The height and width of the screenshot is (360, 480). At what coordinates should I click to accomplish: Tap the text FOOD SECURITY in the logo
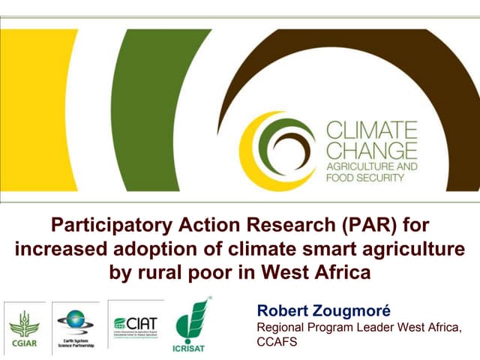pyautogui.click(x=365, y=178)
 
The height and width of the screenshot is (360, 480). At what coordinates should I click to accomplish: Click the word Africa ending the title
pyautogui.click(x=341, y=271)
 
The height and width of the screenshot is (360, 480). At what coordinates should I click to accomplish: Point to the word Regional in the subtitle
pyautogui.click(x=280, y=328)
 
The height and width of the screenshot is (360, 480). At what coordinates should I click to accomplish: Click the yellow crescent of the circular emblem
pyautogui.click(x=250, y=150)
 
